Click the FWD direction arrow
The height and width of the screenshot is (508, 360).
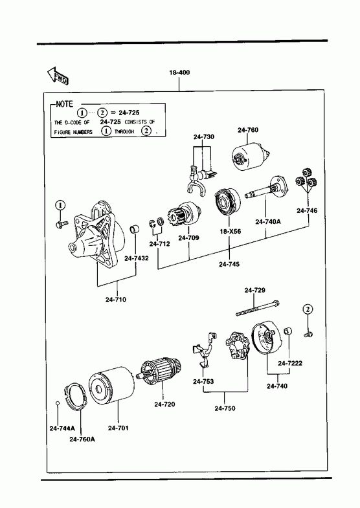tap(58, 76)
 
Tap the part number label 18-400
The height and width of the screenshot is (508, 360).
tap(179, 72)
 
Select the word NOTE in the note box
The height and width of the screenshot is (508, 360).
tap(65, 104)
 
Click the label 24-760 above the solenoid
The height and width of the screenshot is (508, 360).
tap(248, 130)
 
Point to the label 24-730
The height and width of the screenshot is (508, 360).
tap(204, 137)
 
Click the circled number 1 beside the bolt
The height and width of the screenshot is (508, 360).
tap(60, 205)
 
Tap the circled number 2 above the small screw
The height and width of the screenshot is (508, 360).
tap(308, 309)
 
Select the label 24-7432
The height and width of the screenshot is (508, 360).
tap(137, 258)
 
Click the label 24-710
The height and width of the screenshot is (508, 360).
tap(116, 300)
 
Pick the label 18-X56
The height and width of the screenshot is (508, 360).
tap(231, 231)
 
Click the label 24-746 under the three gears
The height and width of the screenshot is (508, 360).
tap(307, 210)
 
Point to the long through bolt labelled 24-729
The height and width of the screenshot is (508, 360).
tap(258, 309)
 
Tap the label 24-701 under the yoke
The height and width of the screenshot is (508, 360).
tap(118, 428)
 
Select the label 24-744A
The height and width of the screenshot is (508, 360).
tap(62, 428)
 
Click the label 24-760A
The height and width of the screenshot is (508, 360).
tap(82, 439)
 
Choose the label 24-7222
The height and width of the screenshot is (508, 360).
tap(290, 363)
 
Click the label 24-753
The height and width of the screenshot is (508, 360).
tap(203, 381)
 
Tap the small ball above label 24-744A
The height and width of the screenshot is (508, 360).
tap(58, 403)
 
